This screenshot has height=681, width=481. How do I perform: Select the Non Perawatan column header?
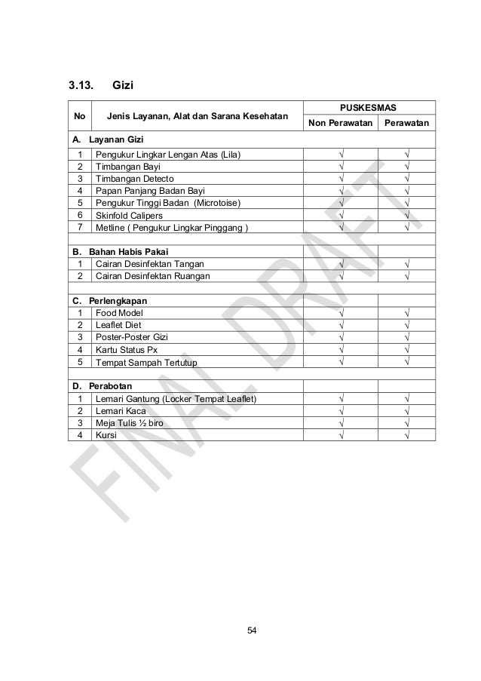pyautogui.click(x=339, y=123)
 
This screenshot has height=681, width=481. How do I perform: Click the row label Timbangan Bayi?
pyautogui.click(x=123, y=167)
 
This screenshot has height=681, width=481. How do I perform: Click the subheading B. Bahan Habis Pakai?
pyautogui.click(x=120, y=251)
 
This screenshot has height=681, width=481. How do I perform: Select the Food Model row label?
pyautogui.click(x=118, y=312)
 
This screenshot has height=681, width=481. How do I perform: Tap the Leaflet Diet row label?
pyautogui.click(x=118, y=325)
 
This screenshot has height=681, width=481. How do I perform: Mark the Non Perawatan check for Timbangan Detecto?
pyautogui.click(x=341, y=179)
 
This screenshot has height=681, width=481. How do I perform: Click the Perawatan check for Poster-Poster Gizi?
pyautogui.click(x=406, y=338)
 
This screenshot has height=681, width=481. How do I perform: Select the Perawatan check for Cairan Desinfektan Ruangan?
pyautogui.click(x=406, y=276)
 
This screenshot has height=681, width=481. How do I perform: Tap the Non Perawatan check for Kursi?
pyautogui.click(x=341, y=435)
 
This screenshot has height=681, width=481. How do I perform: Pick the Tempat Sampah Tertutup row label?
pyautogui.click(x=146, y=363)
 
